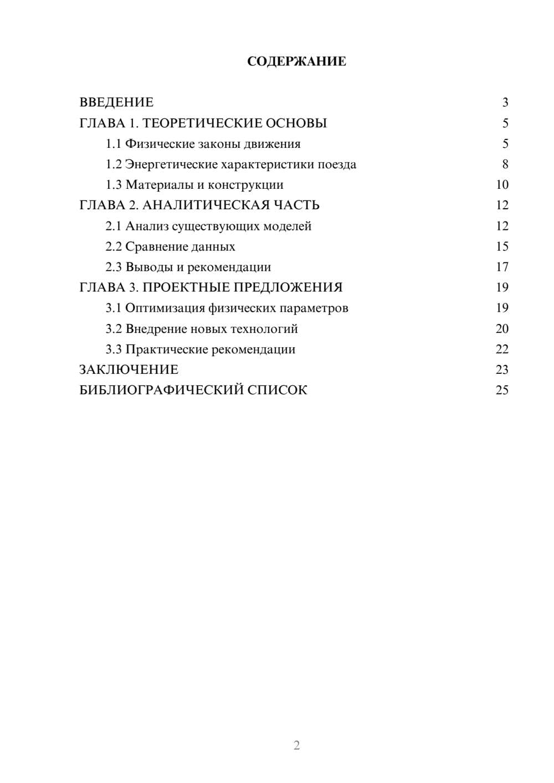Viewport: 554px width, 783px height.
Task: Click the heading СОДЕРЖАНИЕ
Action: tap(296, 61)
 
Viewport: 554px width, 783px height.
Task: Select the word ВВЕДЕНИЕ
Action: tap(116, 102)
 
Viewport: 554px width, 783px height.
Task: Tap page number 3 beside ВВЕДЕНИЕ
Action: tap(505, 102)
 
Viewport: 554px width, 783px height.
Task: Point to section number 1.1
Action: tap(114, 144)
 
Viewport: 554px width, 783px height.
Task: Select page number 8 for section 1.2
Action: tap(505, 164)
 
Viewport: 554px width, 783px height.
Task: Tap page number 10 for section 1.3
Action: tap(502, 185)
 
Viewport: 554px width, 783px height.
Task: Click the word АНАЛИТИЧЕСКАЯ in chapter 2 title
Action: tap(204, 205)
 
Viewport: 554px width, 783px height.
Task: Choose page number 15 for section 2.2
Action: tap(502, 246)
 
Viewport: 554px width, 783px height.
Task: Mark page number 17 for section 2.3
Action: tap(502, 267)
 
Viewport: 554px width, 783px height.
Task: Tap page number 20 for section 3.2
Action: tap(502, 329)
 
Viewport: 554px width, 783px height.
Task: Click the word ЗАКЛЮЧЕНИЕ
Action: tap(129, 369)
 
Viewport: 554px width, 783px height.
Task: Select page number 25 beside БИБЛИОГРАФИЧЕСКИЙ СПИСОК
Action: tap(502, 390)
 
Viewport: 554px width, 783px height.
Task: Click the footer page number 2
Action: tap(296, 745)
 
